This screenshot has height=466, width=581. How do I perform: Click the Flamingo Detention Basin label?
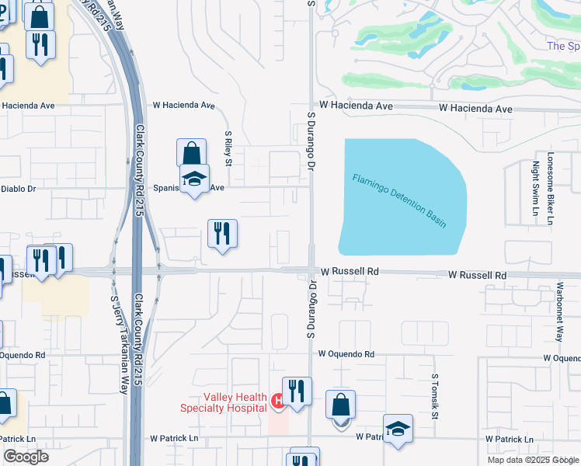pos(399,200)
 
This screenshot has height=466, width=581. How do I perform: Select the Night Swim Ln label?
pos(535,189)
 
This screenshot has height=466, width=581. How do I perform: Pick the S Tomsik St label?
pos(435,396)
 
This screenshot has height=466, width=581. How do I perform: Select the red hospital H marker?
pos(277,402)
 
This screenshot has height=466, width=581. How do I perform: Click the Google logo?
pos(26,457)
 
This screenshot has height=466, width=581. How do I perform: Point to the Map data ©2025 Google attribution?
pos(533,460)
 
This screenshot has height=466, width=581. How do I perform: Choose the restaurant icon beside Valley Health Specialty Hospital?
pos(296,391)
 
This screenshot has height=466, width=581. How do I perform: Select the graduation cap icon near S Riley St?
pos(194,179)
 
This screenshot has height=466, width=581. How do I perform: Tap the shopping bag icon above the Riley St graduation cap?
pos(191,153)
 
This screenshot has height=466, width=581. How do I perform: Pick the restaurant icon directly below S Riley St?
pos(222,233)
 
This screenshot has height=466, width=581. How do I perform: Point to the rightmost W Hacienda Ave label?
pos(475,110)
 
